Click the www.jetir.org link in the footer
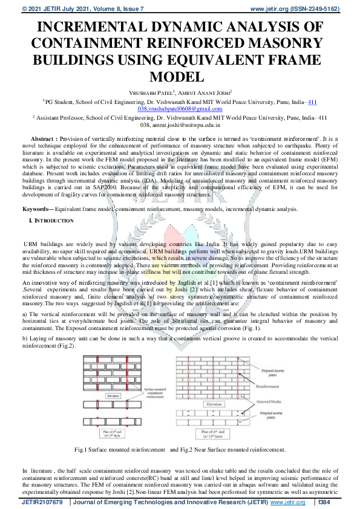pyautogui.click(x=287, y=502)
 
